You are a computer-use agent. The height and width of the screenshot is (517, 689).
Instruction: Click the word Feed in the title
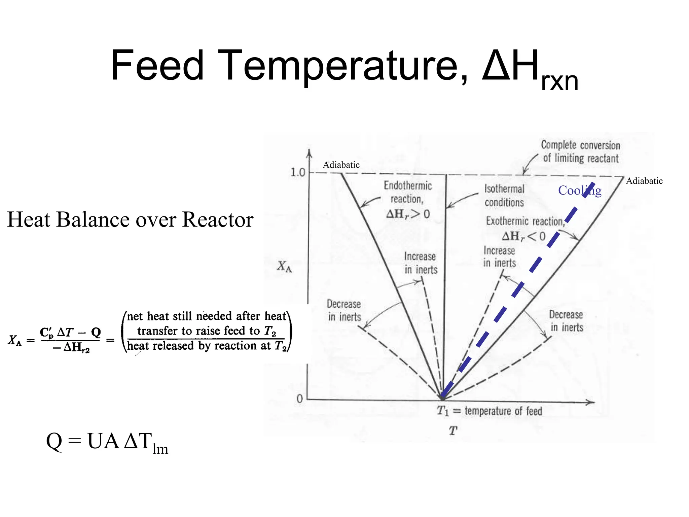[157, 66]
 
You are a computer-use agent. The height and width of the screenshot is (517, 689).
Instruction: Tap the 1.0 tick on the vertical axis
[297, 173]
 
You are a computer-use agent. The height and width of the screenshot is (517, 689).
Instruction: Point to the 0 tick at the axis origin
[299, 399]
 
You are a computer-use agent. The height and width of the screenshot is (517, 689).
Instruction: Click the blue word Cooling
[580, 191]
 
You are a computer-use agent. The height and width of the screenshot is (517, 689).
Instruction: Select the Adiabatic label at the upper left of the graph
[341, 165]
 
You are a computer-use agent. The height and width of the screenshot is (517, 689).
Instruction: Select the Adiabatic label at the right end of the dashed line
[644, 181]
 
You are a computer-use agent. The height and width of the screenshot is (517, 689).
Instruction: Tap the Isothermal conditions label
[504, 196]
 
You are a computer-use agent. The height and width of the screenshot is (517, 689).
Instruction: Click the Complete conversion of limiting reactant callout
[580, 151]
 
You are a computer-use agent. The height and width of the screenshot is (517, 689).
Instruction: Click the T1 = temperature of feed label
[489, 411]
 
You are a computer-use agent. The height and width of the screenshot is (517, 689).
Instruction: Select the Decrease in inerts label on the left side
[344, 310]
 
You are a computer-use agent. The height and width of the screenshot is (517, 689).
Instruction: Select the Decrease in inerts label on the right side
[567, 321]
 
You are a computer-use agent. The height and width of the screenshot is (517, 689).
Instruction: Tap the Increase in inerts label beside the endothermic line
[421, 263]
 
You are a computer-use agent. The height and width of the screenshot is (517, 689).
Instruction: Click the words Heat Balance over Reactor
[130, 219]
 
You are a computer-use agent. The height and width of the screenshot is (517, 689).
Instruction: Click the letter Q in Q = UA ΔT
[54, 441]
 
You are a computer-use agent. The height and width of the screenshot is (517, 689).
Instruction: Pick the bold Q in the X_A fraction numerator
[96, 332]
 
